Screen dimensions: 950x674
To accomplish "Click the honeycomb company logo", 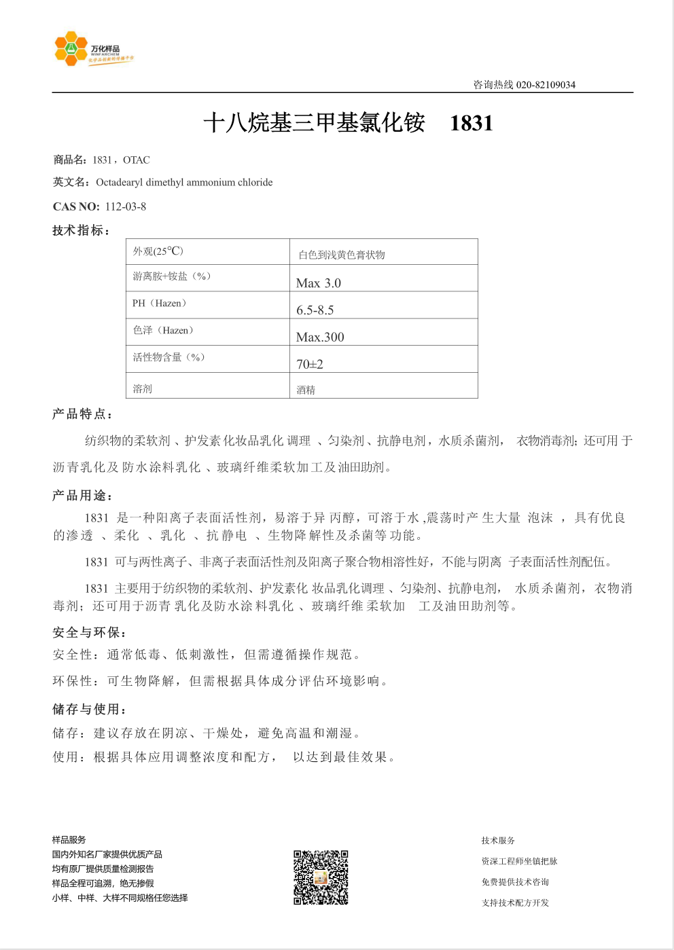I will [x=71, y=49].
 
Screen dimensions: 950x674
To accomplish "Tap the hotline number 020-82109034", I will [x=546, y=85].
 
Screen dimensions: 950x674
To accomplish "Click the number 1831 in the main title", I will [x=471, y=123].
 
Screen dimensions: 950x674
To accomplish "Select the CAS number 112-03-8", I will [x=126, y=206].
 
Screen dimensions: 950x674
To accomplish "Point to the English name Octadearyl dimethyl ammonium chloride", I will [x=184, y=182].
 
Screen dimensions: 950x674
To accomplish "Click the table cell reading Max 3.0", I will [x=319, y=282].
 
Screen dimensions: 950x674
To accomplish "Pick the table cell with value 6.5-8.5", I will [x=315, y=310].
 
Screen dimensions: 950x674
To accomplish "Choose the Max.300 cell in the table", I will [x=320, y=337].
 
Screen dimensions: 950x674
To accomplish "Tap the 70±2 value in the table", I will [x=310, y=364].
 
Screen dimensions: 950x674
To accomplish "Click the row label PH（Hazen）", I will [x=160, y=304].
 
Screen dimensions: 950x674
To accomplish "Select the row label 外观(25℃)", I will [x=158, y=251].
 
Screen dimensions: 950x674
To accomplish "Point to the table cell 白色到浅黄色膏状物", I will [x=342, y=255].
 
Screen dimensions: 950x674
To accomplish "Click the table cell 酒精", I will [x=306, y=390].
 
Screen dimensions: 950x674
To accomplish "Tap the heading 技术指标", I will [x=81, y=231].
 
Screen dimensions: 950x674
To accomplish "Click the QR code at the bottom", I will [x=321, y=877].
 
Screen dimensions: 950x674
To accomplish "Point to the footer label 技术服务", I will [x=498, y=841].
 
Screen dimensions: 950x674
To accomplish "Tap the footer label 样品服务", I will [x=69, y=840].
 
